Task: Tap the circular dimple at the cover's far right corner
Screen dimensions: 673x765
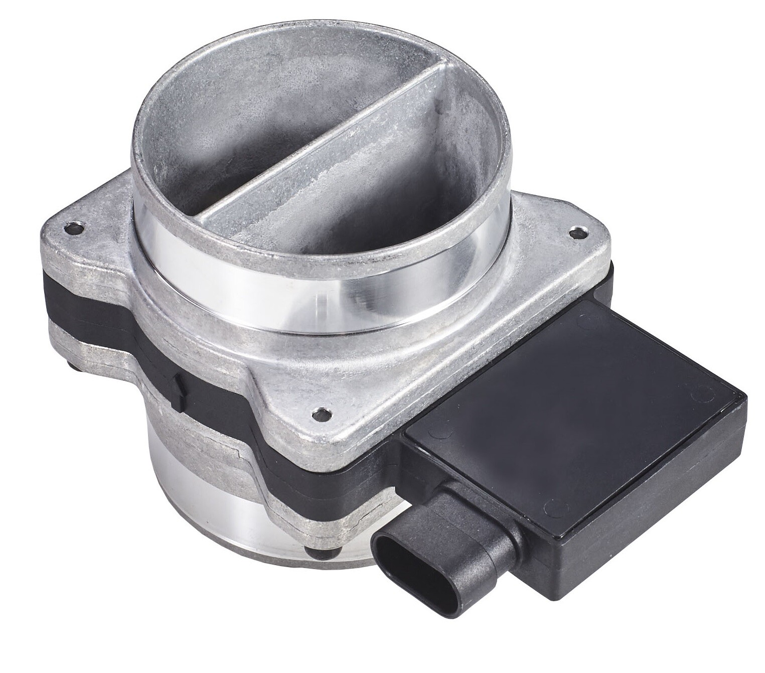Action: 694,396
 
